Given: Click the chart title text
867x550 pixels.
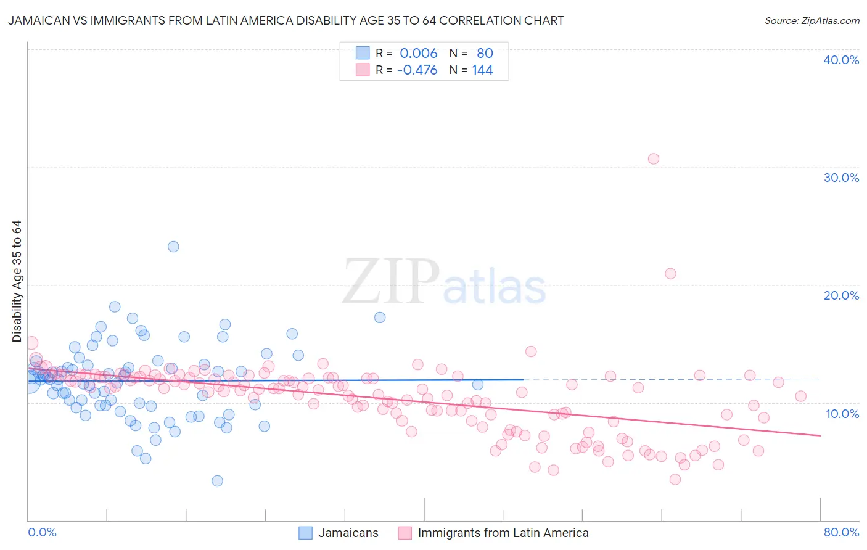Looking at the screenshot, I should click(285, 21).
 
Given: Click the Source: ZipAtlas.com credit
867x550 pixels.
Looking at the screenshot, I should click(812, 21).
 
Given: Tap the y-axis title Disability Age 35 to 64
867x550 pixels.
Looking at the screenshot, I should click(17, 281).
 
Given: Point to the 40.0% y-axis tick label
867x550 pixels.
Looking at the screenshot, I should click(841, 60).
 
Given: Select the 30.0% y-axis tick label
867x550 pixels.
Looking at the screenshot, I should click(841, 178).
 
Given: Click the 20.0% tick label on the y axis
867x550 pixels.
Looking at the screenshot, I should click(841, 295).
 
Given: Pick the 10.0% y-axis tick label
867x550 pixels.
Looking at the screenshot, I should click(842, 414).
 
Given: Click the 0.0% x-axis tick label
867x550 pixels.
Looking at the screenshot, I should click(42, 532).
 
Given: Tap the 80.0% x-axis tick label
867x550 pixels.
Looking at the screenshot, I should click(841, 532).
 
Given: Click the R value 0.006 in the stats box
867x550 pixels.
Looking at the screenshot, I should click(418, 53).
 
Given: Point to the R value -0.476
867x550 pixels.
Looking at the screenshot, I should click(417, 70).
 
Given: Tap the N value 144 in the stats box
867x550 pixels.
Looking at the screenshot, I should click(482, 70).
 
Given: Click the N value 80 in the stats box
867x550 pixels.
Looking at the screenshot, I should click(485, 53).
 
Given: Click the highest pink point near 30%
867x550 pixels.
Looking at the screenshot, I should click(654, 158).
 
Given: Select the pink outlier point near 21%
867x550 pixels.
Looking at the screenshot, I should click(670, 273).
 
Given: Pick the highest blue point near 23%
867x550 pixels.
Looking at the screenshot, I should click(173, 247).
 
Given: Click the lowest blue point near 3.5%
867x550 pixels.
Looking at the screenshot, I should click(217, 481).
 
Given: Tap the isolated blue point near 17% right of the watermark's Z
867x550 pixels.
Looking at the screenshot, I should click(380, 318).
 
